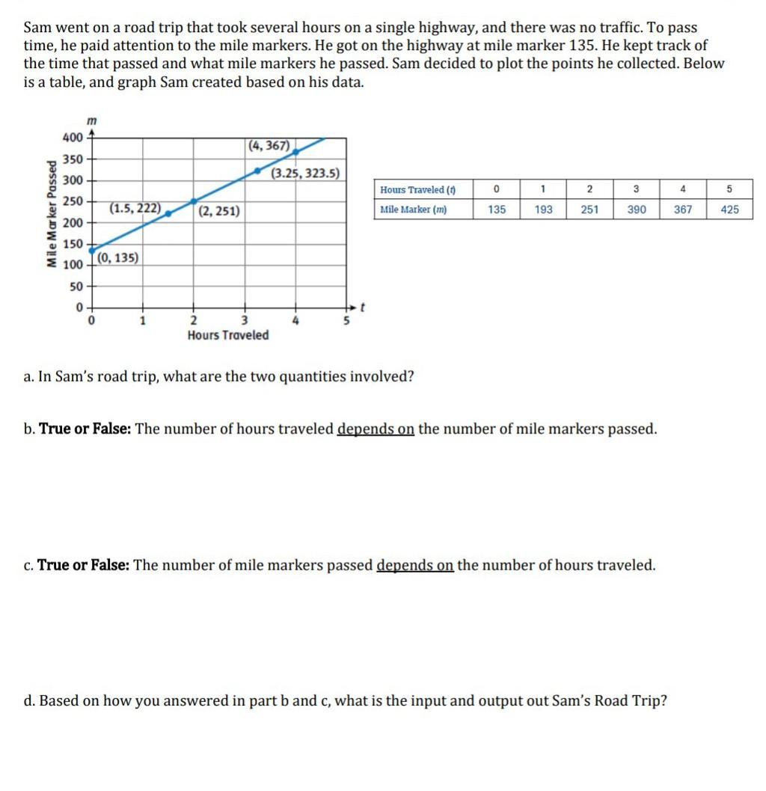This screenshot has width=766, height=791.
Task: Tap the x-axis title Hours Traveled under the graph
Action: click(228, 335)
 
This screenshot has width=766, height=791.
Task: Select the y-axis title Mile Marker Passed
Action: click(51, 214)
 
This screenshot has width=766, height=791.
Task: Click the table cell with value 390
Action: click(636, 210)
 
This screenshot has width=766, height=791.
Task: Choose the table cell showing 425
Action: click(729, 210)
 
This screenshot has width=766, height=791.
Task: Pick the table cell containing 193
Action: click(544, 210)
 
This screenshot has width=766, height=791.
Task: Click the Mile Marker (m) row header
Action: click(414, 210)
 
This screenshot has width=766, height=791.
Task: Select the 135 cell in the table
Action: click(497, 210)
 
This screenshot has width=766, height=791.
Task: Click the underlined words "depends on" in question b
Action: click(376, 430)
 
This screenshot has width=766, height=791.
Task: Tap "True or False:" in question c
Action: click(83, 566)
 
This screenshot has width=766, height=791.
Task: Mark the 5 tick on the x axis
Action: click(346, 320)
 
